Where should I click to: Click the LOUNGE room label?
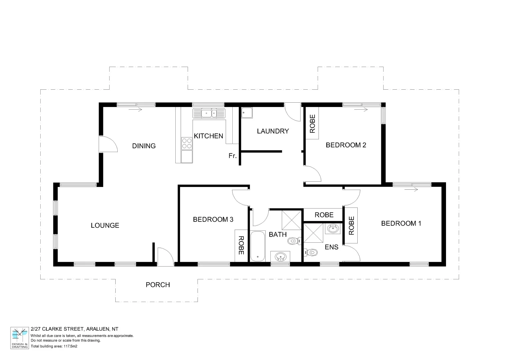(x=105, y=226)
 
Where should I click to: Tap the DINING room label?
(x=144, y=146)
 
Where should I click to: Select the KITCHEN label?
(x=208, y=136)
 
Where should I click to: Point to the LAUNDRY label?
(x=273, y=131)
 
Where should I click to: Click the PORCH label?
(x=158, y=285)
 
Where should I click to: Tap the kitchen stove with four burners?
(x=187, y=143)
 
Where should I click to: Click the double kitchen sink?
(x=209, y=113)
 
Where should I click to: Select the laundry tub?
(x=247, y=113)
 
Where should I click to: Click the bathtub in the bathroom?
(x=258, y=246)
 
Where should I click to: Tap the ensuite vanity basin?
(x=333, y=229)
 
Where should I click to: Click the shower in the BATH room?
(x=291, y=220)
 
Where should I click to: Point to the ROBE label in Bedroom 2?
(x=312, y=124)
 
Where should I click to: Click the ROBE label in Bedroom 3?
(x=241, y=246)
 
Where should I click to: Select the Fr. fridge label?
(x=232, y=156)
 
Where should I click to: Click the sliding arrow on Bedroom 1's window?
(x=411, y=190)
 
